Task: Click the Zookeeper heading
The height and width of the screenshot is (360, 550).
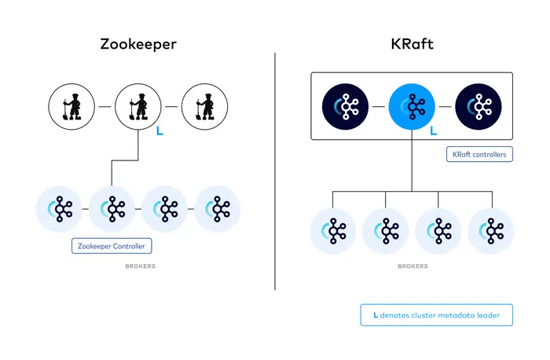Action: click(x=137, y=44)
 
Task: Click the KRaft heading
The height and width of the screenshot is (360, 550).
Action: click(x=412, y=44)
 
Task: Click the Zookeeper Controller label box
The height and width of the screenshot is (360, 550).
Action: click(x=112, y=246)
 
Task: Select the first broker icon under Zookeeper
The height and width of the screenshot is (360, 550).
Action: click(x=60, y=209)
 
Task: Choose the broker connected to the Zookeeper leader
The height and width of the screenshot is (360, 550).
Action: click(x=112, y=209)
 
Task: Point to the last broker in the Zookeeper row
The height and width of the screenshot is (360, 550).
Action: click(x=218, y=209)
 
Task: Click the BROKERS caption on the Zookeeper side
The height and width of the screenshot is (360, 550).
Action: click(x=140, y=266)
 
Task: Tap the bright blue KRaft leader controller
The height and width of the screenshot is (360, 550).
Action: click(x=412, y=106)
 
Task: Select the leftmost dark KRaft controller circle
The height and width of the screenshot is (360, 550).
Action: click(x=346, y=106)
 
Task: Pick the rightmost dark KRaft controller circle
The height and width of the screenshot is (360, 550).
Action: click(x=478, y=106)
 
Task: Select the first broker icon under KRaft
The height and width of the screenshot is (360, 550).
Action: click(x=332, y=230)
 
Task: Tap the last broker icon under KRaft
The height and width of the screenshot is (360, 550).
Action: click(x=491, y=230)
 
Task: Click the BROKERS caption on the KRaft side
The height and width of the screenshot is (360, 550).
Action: click(x=412, y=266)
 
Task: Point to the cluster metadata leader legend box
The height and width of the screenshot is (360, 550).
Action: click(x=436, y=315)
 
